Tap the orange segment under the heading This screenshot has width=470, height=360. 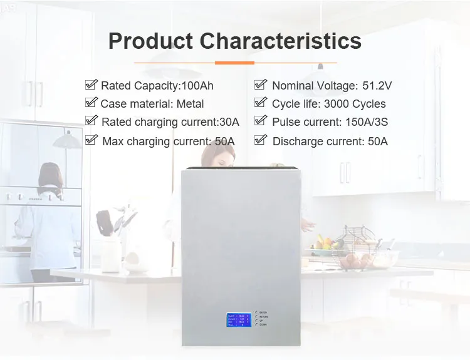tap(234, 63)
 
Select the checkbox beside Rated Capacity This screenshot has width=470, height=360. tap(91, 85)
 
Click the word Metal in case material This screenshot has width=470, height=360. tap(190, 104)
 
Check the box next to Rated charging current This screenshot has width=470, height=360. tap(91, 121)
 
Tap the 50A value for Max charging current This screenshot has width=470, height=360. tap(224, 141)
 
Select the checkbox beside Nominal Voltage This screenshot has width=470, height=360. tap(261, 85)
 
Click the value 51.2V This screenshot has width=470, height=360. tap(377, 86)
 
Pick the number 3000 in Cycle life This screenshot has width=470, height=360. tap(338, 104)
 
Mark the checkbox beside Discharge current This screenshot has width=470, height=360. tap(261, 140)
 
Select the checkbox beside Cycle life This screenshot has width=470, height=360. tap(261, 103)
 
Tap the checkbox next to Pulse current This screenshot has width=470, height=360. tap(261, 121)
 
